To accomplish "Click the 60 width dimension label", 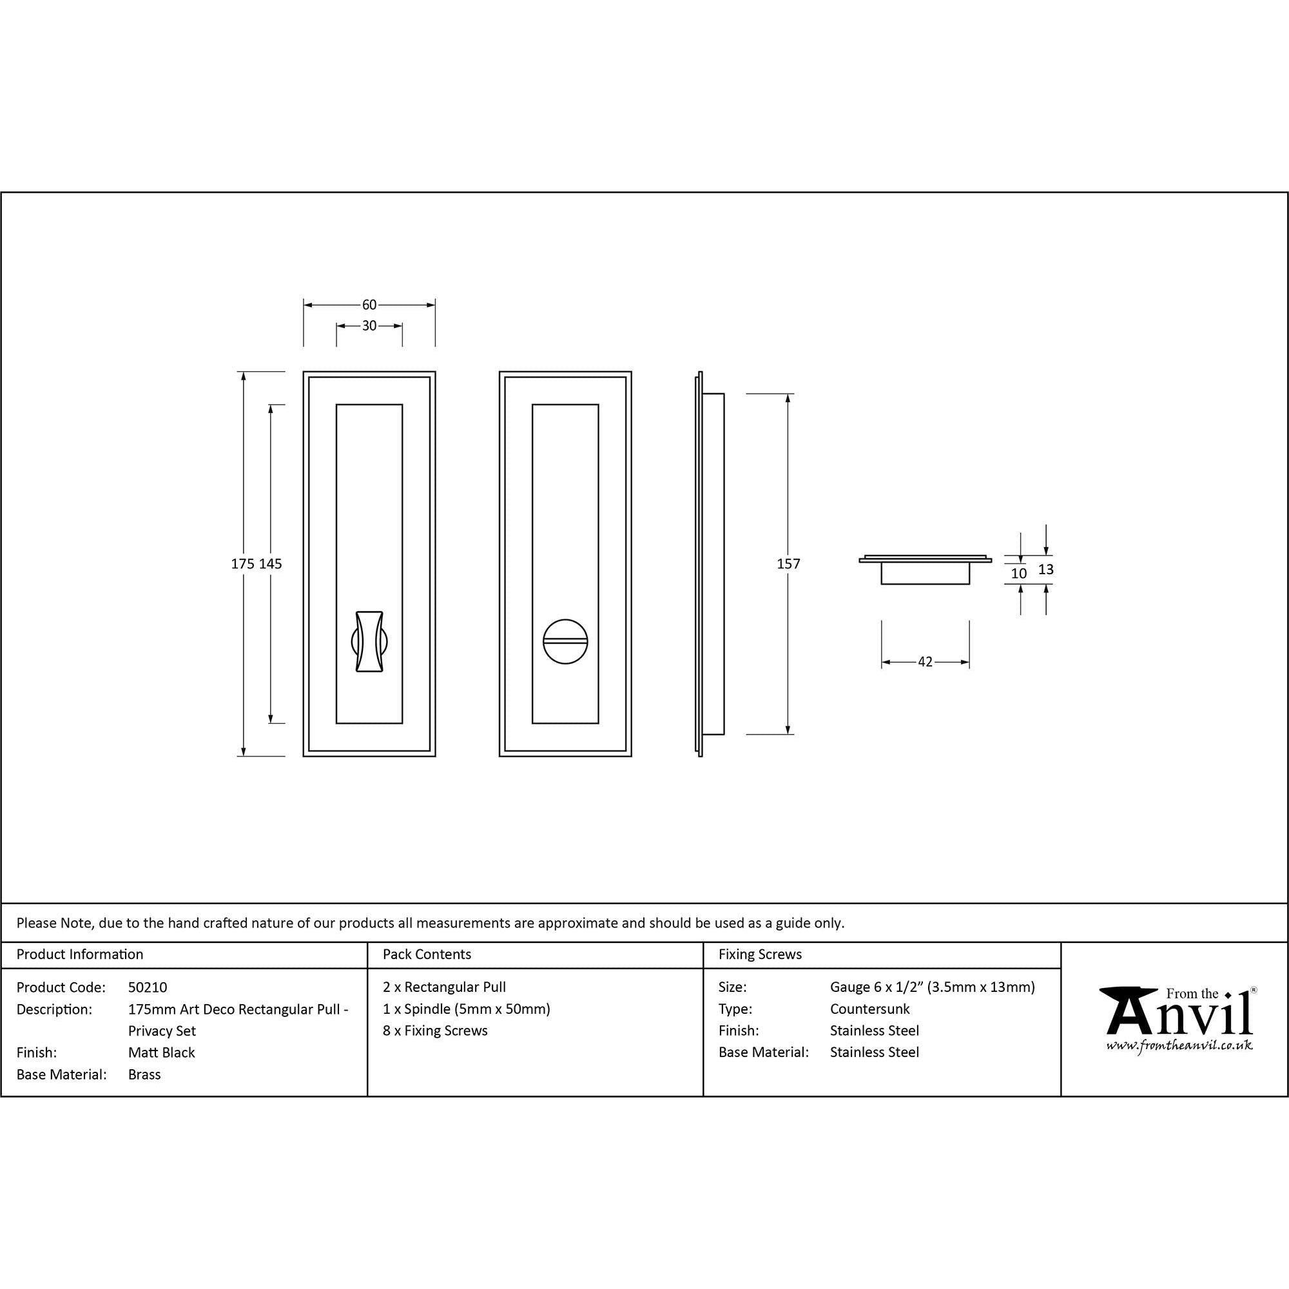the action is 369,305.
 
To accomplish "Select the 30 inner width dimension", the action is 369,325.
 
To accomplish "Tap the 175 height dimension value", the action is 243,564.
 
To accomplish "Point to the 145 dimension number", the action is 270,564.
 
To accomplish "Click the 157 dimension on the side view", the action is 789,564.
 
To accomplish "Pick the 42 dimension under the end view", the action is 925,662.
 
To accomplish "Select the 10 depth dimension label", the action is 1019,573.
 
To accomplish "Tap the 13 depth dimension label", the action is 1045,569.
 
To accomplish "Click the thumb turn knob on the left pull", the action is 369,641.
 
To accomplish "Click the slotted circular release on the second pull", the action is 565,641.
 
